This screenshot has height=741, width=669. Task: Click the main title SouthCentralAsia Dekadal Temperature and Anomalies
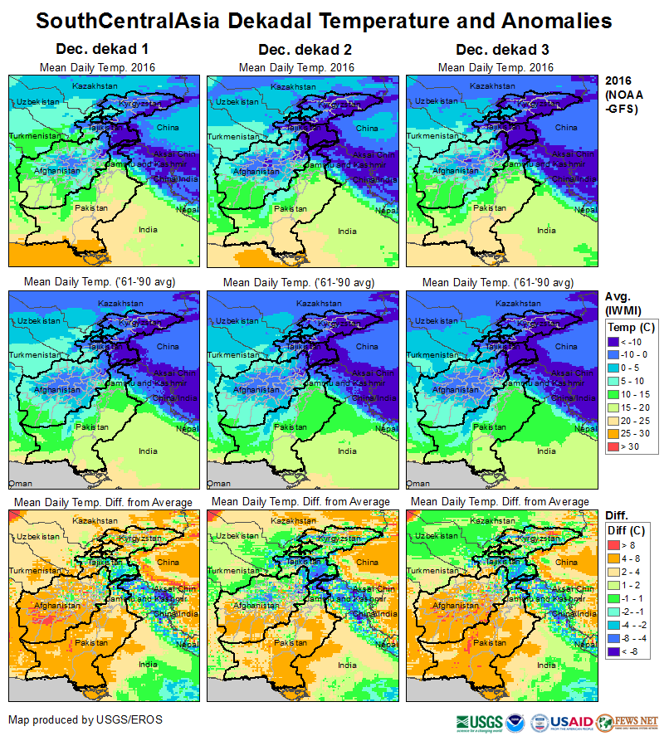pos(325,20)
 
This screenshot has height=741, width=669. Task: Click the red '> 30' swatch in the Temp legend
pos(615,448)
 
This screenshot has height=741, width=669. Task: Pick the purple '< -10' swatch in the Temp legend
pos(615,342)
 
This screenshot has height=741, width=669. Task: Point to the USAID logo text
pos(571,722)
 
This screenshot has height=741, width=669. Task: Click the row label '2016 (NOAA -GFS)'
pos(622,95)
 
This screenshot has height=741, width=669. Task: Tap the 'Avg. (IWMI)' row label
pos(621,304)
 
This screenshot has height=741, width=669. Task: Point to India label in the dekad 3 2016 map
pos(546,230)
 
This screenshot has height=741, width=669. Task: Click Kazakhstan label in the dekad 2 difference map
pos(293,521)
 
